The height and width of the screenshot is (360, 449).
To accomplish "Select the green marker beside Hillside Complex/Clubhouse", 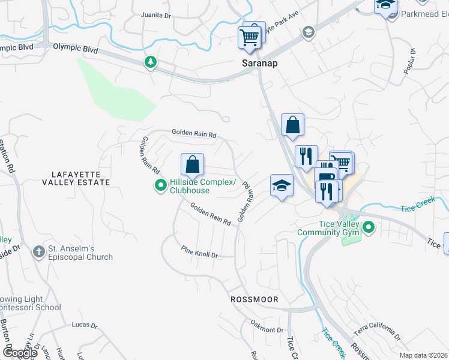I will [x=160, y=186].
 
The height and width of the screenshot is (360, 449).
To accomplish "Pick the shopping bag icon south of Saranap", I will [x=292, y=125].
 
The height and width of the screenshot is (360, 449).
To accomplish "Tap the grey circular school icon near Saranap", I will [x=309, y=32].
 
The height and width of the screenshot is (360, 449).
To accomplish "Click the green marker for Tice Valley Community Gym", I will [x=369, y=227].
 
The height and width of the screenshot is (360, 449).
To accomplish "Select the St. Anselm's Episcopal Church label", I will [x=80, y=253].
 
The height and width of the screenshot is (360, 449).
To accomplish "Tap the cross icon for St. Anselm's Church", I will [x=38, y=252].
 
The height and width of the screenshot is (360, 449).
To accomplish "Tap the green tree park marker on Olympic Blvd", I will [x=150, y=62].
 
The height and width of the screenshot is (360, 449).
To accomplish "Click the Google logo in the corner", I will [x=21, y=353].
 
